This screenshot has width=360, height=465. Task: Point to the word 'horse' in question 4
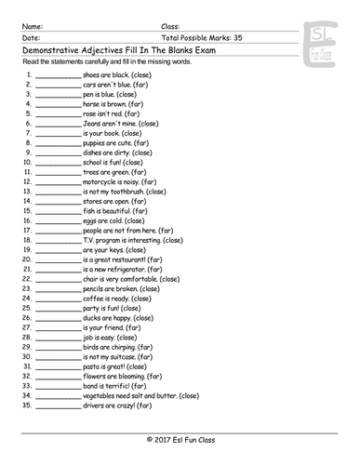point(93,104)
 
